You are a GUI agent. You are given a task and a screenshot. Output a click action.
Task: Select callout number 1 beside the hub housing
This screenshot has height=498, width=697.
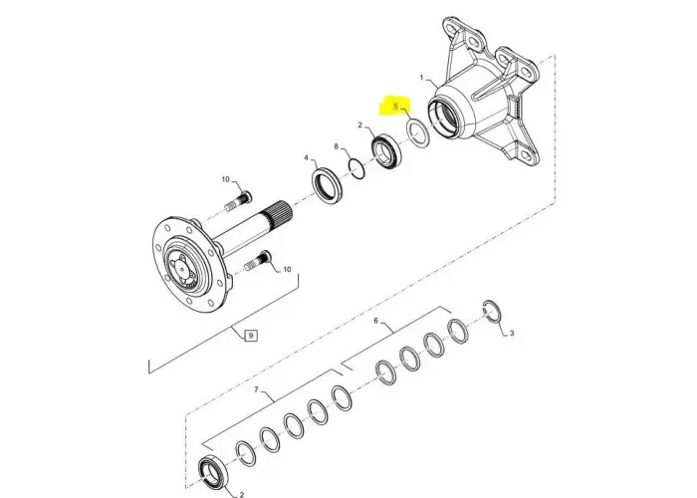pos(422,77)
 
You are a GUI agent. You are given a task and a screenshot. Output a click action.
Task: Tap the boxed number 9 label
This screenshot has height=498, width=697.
pos(251,336)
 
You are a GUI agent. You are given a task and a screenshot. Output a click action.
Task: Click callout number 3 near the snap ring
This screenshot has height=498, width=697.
pos(511,334)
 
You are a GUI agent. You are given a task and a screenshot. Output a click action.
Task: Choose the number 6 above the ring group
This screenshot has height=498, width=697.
pos(375,321)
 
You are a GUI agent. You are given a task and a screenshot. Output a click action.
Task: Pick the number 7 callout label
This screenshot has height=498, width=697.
pos(256,389)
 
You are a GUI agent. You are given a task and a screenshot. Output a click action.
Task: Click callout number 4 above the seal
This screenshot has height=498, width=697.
pos(307,157)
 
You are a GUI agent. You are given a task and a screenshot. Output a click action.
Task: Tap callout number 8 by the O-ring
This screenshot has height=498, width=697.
pos(338,147)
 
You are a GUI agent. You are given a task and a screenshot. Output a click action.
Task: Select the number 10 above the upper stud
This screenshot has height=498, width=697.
pos(225,180)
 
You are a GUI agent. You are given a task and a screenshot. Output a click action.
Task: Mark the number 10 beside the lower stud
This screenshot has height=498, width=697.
pos(288,269)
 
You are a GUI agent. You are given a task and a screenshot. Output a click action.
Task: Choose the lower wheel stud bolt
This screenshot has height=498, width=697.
pos(256,264)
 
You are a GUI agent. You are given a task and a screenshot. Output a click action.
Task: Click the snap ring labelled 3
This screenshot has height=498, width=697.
pos(491,311)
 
